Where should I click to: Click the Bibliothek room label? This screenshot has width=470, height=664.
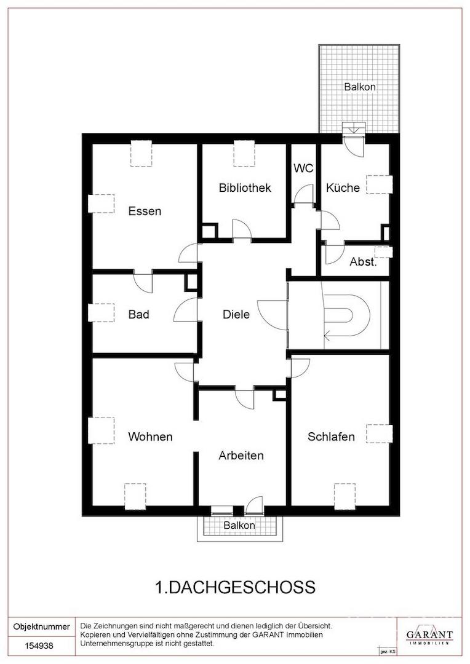245,188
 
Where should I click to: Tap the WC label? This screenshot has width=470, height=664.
303,168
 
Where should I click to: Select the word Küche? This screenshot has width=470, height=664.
343,188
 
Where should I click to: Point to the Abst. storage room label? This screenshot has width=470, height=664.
363,262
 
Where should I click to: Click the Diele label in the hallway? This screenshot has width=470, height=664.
236,314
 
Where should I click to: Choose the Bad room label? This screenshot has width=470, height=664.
138,314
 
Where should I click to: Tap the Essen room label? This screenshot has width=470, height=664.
145,211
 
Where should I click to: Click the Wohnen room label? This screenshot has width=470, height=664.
150,437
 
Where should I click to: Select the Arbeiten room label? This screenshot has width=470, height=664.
241,456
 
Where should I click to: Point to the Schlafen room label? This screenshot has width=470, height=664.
331,437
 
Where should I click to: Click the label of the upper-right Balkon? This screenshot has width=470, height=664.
360,87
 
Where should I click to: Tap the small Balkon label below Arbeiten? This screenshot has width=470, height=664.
239,526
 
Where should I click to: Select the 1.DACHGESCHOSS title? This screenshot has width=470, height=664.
236,587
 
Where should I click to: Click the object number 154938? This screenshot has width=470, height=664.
39,646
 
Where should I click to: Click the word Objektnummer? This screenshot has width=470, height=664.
42,626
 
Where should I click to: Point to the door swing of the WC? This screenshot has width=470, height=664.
304,194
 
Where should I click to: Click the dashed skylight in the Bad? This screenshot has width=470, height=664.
101,312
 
